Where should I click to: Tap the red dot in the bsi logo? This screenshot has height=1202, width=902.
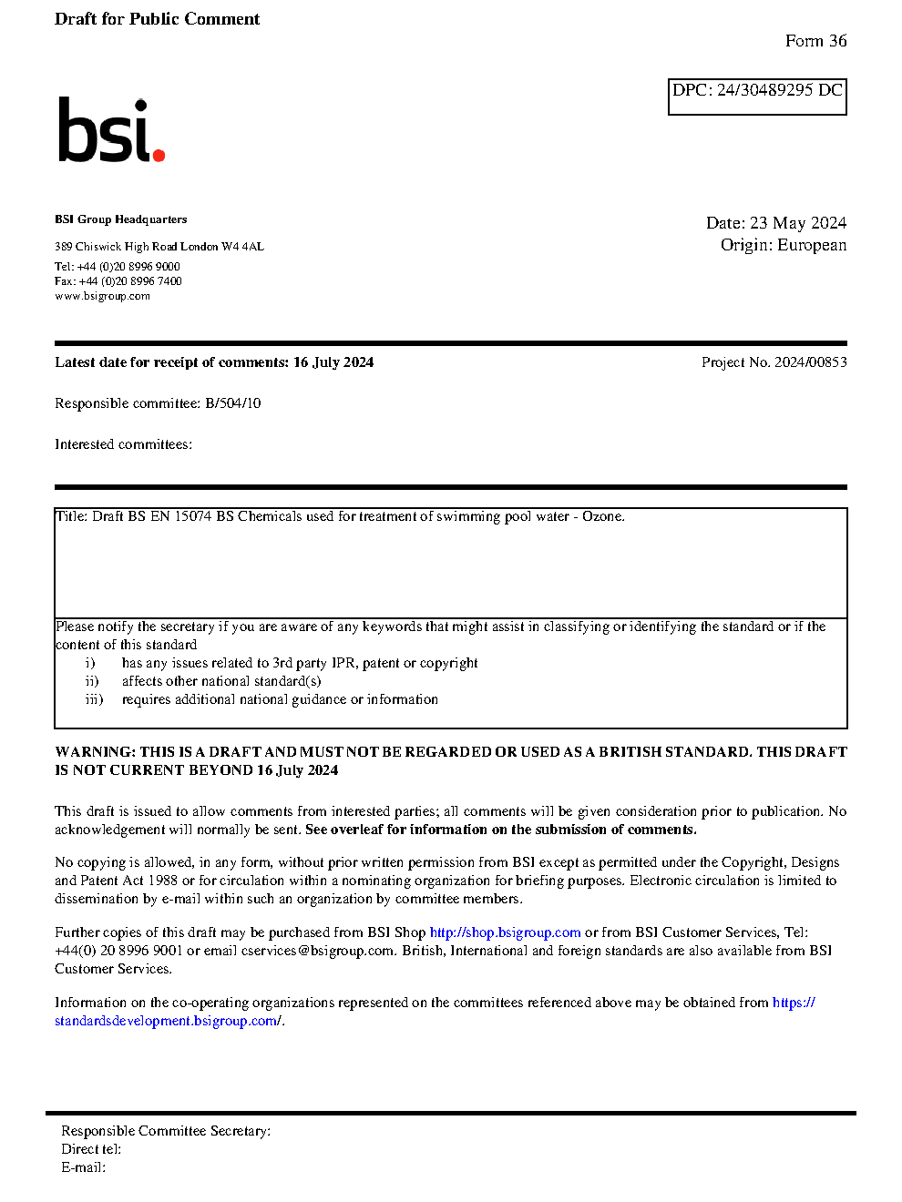[159, 156]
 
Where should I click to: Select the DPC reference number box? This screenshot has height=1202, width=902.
[757, 97]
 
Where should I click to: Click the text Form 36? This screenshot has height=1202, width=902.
[815, 41]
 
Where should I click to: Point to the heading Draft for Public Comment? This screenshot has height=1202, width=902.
[157, 19]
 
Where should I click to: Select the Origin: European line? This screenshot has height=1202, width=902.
[783, 245]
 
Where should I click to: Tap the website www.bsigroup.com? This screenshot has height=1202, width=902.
[102, 296]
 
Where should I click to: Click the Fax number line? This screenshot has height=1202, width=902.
[118, 281]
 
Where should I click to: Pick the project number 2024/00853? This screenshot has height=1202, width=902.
[810, 362]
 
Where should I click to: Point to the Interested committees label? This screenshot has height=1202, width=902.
[123, 444]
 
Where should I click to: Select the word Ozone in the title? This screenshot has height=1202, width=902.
[602, 516]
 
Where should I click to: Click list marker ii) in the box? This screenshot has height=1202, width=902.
[92, 681]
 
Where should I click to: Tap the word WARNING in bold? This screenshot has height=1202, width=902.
[95, 752]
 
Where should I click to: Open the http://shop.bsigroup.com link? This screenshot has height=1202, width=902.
[505, 932]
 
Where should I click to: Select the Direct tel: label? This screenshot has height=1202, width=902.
[91, 1149]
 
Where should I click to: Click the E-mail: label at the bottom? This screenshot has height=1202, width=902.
[83, 1167]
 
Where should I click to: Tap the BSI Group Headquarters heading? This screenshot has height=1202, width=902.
[120, 219]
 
